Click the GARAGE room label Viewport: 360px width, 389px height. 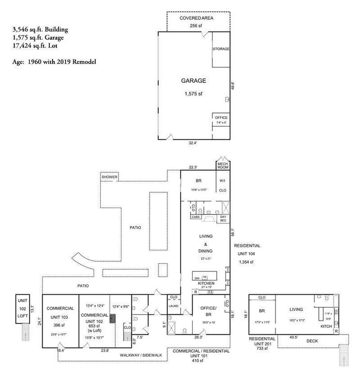[194, 81]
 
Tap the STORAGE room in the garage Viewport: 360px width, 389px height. [221, 49]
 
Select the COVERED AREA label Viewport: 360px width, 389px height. [196, 18]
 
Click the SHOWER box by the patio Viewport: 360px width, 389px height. [109, 177]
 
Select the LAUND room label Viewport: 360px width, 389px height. [173, 306]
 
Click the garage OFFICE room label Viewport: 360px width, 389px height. [221, 118]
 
